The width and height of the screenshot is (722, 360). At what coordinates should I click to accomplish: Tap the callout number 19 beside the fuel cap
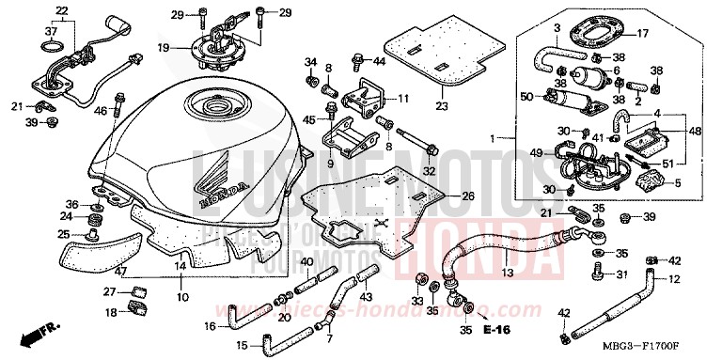pyautogui.click(x=164, y=47)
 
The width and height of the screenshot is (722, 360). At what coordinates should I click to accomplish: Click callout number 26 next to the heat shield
pyautogui.click(x=468, y=196)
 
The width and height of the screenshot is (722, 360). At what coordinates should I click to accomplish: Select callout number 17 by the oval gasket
pyautogui.click(x=643, y=34)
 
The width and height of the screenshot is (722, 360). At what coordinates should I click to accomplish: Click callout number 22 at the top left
pyautogui.click(x=62, y=10)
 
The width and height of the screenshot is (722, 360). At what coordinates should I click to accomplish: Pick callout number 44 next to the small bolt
pyautogui.click(x=379, y=61)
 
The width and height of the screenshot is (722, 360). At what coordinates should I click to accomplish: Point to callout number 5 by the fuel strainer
pyautogui.click(x=677, y=183)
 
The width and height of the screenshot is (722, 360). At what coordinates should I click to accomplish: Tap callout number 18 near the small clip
pyautogui.click(x=110, y=311)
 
